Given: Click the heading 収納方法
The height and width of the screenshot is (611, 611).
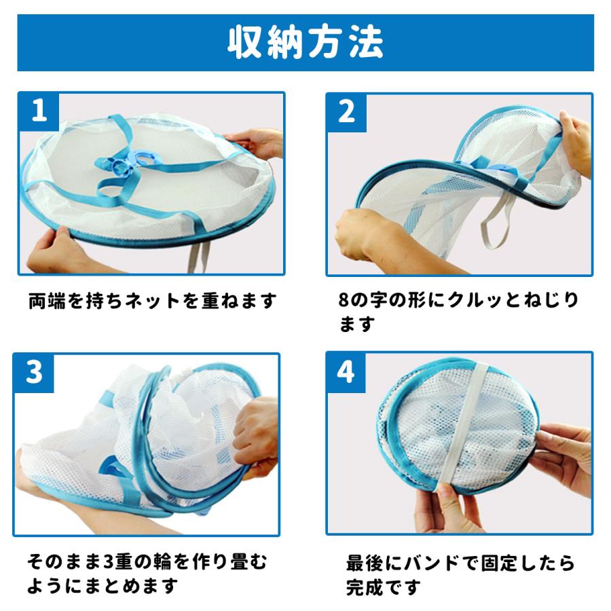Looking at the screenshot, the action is [305, 43].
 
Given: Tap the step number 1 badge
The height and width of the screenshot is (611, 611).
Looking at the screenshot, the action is [39, 111].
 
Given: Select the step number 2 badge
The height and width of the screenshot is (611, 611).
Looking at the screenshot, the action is [346, 112].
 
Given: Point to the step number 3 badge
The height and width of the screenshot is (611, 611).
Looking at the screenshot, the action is [34, 372].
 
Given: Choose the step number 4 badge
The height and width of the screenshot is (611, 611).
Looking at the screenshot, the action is [346, 372].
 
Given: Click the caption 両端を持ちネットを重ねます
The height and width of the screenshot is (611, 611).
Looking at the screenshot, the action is [152, 301].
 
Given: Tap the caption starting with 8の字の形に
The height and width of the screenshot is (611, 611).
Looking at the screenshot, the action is [459, 312].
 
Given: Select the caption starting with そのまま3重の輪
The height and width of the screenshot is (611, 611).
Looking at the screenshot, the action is [147, 574].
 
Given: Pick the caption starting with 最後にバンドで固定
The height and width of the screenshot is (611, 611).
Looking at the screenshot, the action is [460, 575].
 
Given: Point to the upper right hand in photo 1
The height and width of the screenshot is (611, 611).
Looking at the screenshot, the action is [255, 143].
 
